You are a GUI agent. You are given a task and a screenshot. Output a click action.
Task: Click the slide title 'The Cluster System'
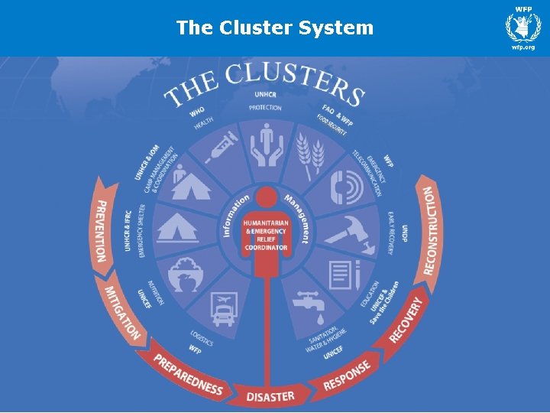click(275, 28)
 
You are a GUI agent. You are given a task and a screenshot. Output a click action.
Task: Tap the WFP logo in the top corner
click(523, 28)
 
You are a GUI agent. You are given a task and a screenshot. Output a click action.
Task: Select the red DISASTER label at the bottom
click(270, 395)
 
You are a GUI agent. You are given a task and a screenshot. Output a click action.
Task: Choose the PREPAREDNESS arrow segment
click(186, 374)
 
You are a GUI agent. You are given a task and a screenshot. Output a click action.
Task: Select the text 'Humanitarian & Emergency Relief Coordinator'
click(266, 235)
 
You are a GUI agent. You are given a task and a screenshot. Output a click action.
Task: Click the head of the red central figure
click(266, 197)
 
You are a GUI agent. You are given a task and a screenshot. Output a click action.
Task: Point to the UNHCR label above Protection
click(266, 95)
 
